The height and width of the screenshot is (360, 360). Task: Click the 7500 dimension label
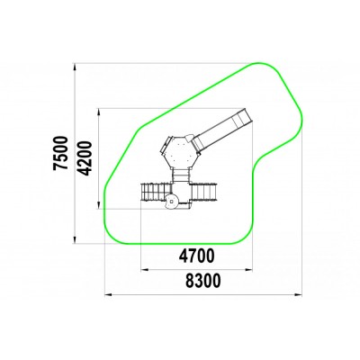pos(61,153)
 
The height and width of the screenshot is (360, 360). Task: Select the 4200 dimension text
pos(84,158)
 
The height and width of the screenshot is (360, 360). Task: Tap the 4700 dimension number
pos(197,256)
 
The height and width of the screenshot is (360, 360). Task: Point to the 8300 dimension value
pos(203,281)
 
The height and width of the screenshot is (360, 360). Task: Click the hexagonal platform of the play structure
pos(180,152)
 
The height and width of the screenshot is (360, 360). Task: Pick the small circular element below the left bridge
pos(172,202)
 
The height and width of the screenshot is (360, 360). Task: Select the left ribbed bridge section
pos(156,192)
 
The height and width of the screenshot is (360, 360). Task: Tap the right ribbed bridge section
pos(204,192)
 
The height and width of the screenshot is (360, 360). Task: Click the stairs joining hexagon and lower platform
pos(180,175)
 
